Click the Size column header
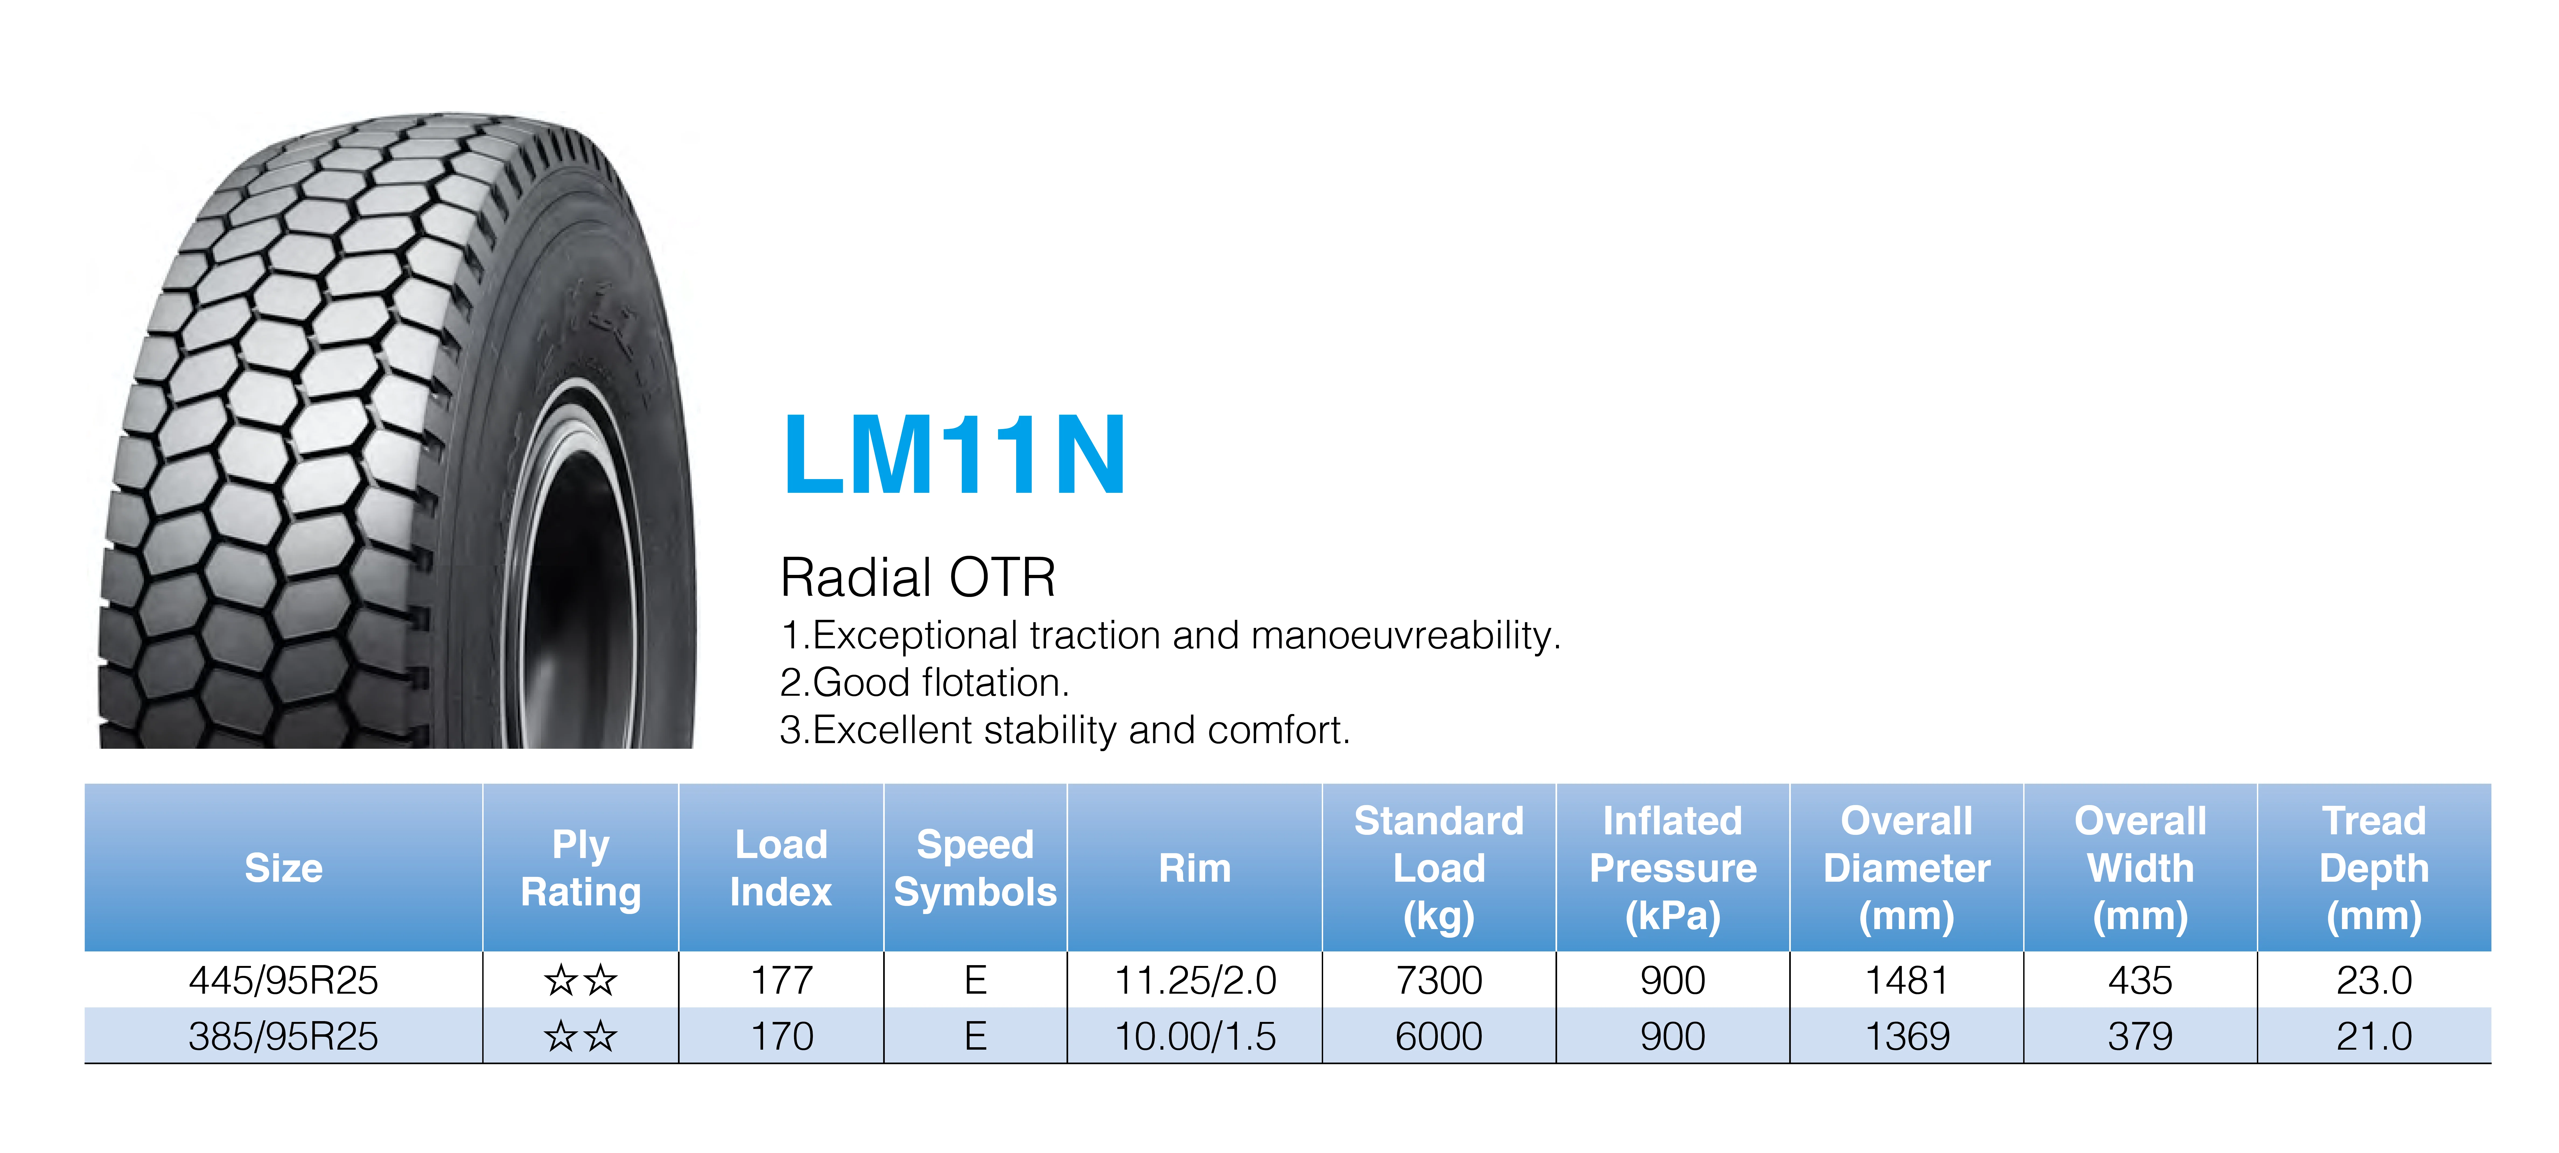tap(284, 868)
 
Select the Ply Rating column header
tap(581, 868)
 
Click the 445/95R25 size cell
tap(284, 980)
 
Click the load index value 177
tap(782, 980)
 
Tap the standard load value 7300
tap(1438, 980)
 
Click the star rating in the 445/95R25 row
tap(581, 980)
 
